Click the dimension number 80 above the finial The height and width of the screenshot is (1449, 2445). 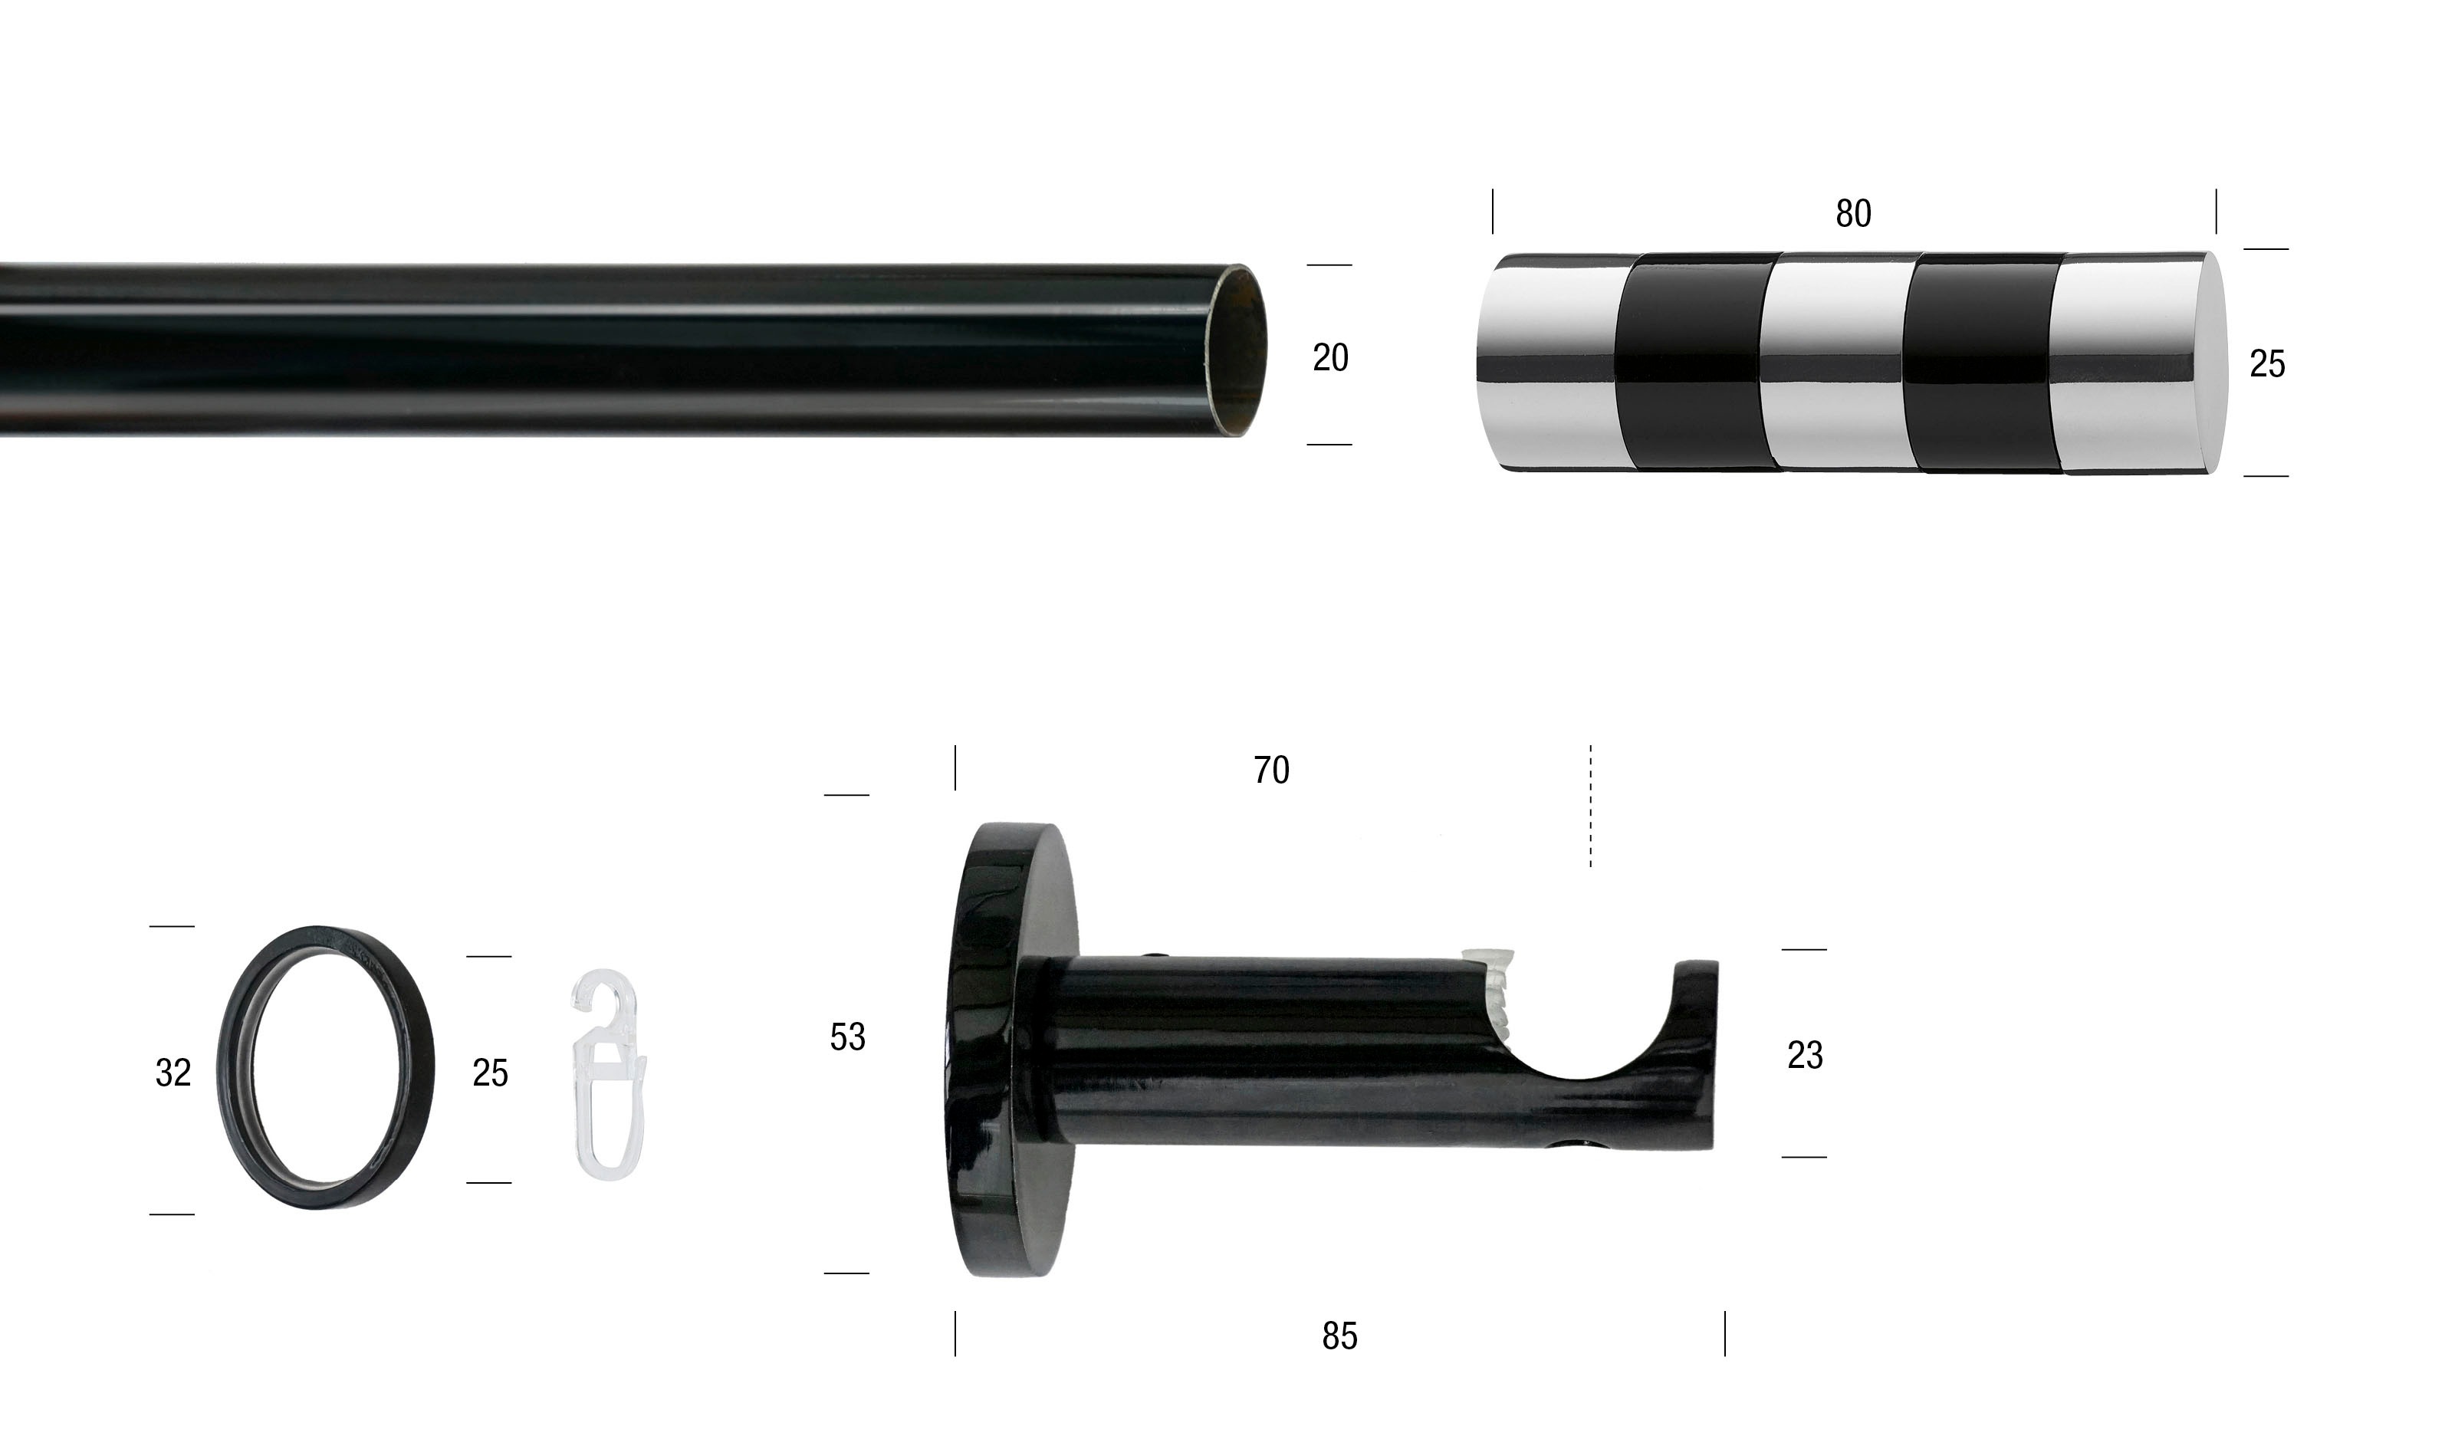(1853, 214)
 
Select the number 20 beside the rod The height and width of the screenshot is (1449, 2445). (1330, 358)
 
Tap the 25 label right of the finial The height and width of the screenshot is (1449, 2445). (2266, 364)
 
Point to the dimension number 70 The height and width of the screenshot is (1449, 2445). (1271, 770)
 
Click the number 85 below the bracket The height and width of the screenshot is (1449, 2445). (1339, 1336)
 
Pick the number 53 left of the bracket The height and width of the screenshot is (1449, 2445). (846, 1037)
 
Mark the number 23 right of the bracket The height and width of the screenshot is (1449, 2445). (1805, 1054)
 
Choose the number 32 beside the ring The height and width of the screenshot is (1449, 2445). (173, 1073)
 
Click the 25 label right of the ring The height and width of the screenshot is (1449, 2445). (489, 1073)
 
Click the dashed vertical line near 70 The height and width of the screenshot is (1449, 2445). (1591, 806)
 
